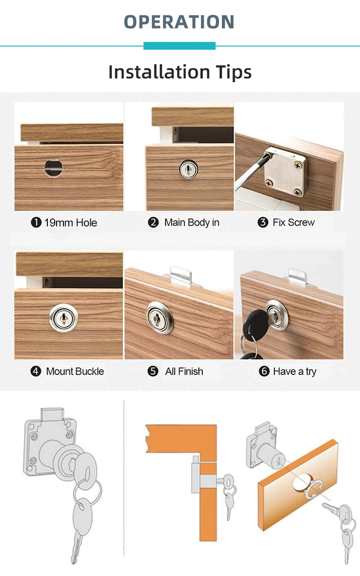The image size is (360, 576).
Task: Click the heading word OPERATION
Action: pyautogui.click(x=179, y=22)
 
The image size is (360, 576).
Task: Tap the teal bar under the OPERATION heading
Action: pyautogui.click(x=179, y=46)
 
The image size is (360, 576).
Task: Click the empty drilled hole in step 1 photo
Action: pyautogui.click(x=53, y=167)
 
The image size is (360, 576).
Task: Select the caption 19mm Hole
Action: pyautogui.click(x=70, y=223)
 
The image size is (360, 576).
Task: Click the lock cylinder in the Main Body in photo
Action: pyautogui.click(x=188, y=169)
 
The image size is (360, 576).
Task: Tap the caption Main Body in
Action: pyautogui.click(x=191, y=223)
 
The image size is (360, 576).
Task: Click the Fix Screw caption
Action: pyautogui.click(x=293, y=223)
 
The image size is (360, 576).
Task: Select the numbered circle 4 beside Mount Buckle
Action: pyautogui.click(x=36, y=371)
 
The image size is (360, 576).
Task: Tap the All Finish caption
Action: pyautogui.click(x=184, y=371)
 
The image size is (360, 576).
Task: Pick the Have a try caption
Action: pyautogui.click(x=294, y=371)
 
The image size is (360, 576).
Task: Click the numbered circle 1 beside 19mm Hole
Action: pyautogui.click(x=36, y=223)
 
